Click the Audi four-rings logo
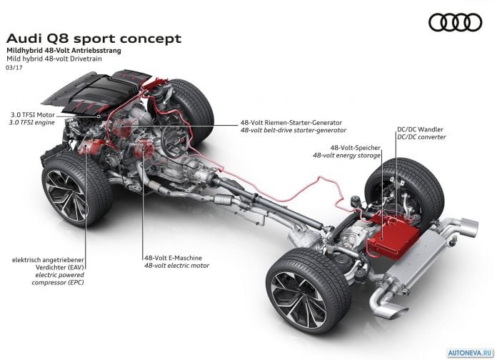455,23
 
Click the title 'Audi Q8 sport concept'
94,39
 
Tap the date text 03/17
14,67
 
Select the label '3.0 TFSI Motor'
33,115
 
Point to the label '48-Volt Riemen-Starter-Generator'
291,122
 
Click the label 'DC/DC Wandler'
420,129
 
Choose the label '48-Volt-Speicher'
356,147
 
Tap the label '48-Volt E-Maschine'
173,258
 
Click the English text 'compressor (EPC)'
58,282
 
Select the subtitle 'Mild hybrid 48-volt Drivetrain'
54,59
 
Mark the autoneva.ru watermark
471,353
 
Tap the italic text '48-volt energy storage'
346,156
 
